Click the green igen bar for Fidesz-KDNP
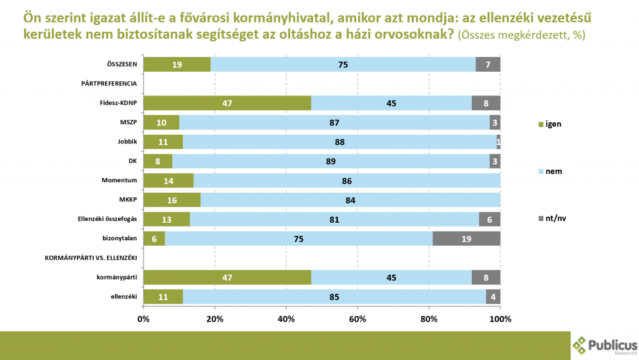click(x=227, y=103)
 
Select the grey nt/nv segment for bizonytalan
click(x=466, y=238)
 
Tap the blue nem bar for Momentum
click(x=347, y=180)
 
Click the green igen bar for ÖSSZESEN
click(x=177, y=64)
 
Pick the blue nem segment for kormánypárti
click(x=391, y=277)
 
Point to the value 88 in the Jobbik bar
click(x=340, y=142)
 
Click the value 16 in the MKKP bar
click(x=172, y=200)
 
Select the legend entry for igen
click(x=550, y=123)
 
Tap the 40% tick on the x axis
click(x=286, y=319)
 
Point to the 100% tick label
click(x=500, y=319)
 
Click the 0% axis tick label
click(x=144, y=319)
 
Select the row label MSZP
click(x=128, y=122)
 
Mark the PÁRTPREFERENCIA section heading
click(x=109, y=84)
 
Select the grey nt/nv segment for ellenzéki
click(x=493, y=296)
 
